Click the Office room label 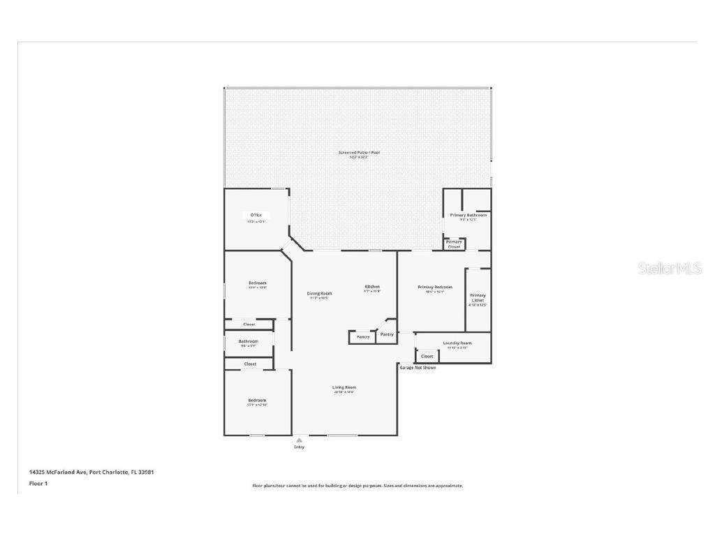256,215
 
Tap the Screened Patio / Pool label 359,152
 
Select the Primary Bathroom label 468,216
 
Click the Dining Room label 319,294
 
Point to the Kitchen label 372,287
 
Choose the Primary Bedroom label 434,288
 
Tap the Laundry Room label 457,343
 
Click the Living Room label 344,387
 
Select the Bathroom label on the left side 248,341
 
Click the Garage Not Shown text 418,368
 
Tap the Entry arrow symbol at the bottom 299,440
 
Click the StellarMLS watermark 669,269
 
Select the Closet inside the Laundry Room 427,357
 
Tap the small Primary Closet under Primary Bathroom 454,244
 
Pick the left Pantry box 362,337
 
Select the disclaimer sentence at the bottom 357,486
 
